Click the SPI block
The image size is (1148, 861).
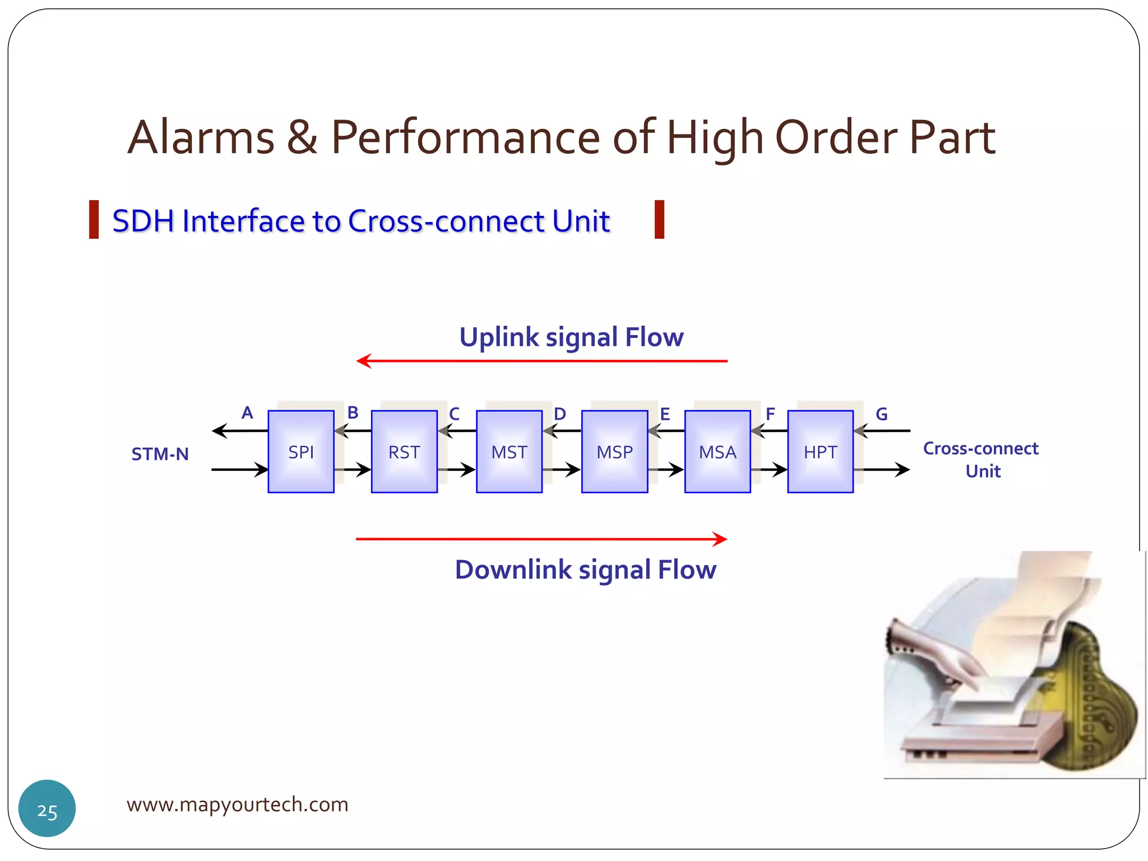[301, 451]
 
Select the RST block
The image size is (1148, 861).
[404, 451]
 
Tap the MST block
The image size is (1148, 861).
[509, 451]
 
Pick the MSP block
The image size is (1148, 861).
[614, 451]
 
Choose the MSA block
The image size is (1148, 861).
[717, 451]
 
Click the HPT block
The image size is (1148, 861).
[820, 451]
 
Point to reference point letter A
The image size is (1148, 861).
[247, 413]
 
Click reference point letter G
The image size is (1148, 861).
[881, 414]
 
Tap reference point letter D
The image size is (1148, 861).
[559, 414]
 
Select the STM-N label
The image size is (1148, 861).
[160, 453]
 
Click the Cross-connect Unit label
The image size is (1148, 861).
[981, 459]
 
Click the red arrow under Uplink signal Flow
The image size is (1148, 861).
[541, 361]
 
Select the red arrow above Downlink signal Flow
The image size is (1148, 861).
[541, 539]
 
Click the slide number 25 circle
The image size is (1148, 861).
[47, 808]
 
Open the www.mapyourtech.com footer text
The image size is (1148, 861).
[237, 804]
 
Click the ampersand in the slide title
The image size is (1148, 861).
[302, 137]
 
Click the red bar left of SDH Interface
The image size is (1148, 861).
[94, 220]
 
